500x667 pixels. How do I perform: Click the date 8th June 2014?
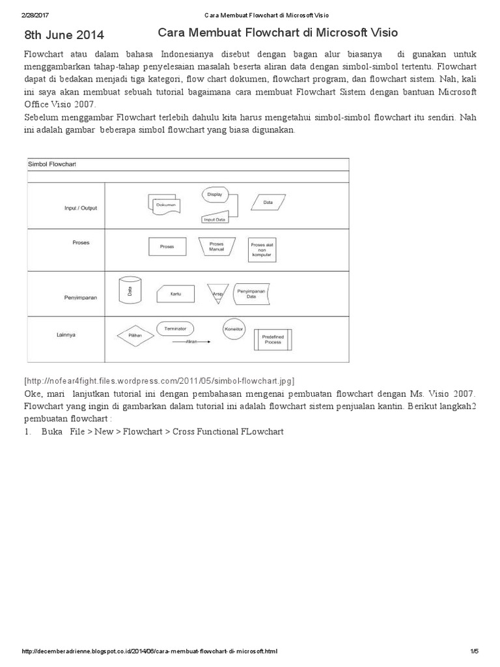click(x=64, y=35)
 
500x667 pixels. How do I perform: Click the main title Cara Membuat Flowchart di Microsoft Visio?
click(x=278, y=32)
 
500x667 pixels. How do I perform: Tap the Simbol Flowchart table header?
click(x=52, y=164)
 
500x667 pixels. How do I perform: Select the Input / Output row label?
click(x=81, y=208)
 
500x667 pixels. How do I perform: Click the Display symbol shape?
click(x=214, y=195)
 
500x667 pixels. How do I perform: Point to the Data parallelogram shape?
click(x=268, y=203)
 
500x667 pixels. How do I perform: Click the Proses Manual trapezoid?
click(x=217, y=247)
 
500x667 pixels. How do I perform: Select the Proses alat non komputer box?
click(x=262, y=249)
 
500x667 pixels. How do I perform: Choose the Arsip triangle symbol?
click(x=216, y=293)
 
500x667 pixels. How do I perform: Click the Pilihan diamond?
click(x=135, y=335)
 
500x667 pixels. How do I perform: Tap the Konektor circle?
click(x=234, y=329)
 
